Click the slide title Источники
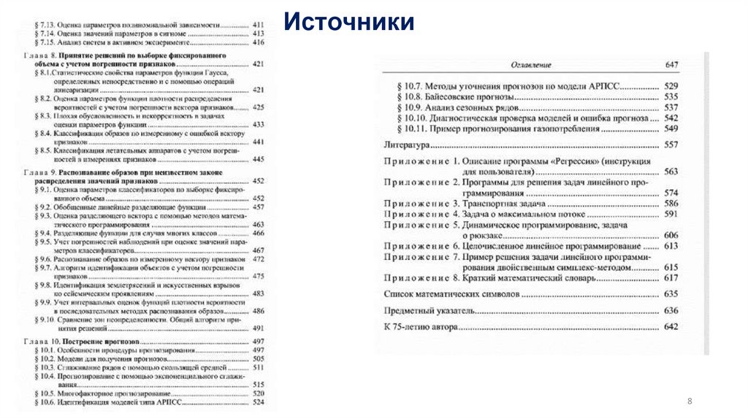click(x=349, y=21)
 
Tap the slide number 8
click(x=688, y=402)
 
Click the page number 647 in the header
click(x=671, y=65)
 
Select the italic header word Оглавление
click(x=530, y=66)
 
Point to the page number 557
click(x=671, y=145)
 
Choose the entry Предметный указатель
click(x=430, y=311)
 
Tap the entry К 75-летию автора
click(x=421, y=327)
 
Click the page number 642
click(x=671, y=327)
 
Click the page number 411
click(x=258, y=25)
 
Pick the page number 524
click(x=258, y=402)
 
